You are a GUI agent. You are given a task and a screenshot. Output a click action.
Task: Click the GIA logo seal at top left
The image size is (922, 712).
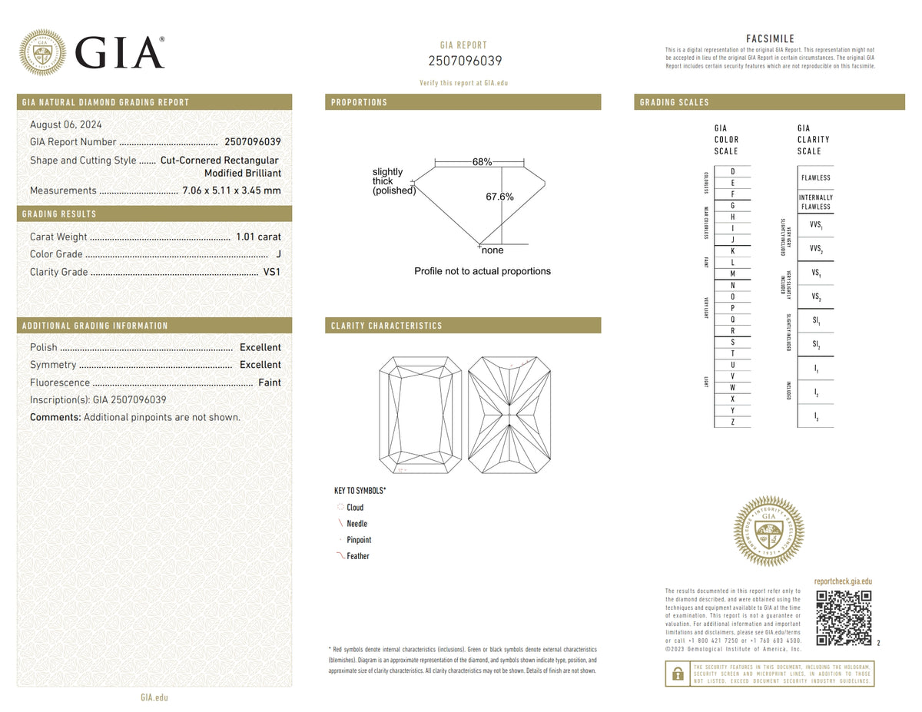point(42,52)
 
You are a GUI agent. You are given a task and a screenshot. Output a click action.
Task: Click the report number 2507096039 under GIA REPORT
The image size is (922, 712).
point(465,61)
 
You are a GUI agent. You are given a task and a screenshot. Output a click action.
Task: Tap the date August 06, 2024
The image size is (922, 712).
point(65,124)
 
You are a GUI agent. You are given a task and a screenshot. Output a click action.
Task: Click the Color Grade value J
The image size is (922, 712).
point(278,254)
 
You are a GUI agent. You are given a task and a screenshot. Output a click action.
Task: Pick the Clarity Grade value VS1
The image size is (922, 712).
point(272,272)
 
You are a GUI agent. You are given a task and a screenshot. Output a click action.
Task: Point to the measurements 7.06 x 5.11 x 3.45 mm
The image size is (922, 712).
point(231,190)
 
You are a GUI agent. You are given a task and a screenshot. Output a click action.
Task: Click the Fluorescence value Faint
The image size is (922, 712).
point(269,382)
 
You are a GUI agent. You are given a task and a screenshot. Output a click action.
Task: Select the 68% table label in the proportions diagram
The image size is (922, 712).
point(483,162)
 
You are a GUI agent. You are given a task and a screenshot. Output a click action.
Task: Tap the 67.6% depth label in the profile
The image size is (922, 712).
point(499,197)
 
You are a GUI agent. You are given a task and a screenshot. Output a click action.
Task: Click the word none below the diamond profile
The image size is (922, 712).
point(493,250)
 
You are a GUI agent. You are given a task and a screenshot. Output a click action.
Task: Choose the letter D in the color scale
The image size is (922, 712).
point(733,171)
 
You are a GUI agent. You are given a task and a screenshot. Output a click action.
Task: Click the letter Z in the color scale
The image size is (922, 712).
point(733,422)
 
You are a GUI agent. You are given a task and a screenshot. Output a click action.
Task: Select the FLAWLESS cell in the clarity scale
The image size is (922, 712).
point(815,177)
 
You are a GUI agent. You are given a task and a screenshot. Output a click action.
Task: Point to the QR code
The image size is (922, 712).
point(843,618)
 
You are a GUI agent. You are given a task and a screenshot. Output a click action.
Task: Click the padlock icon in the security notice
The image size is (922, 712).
point(678,674)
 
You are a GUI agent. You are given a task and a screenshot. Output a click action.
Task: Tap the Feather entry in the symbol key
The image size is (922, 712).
point(357,556)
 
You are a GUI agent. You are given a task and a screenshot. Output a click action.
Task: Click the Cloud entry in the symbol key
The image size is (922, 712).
point(354,508)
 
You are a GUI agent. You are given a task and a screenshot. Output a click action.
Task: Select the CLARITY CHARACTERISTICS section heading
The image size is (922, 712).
point(386,326)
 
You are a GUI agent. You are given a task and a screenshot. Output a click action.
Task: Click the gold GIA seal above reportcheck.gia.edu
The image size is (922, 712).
point(769,532)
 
